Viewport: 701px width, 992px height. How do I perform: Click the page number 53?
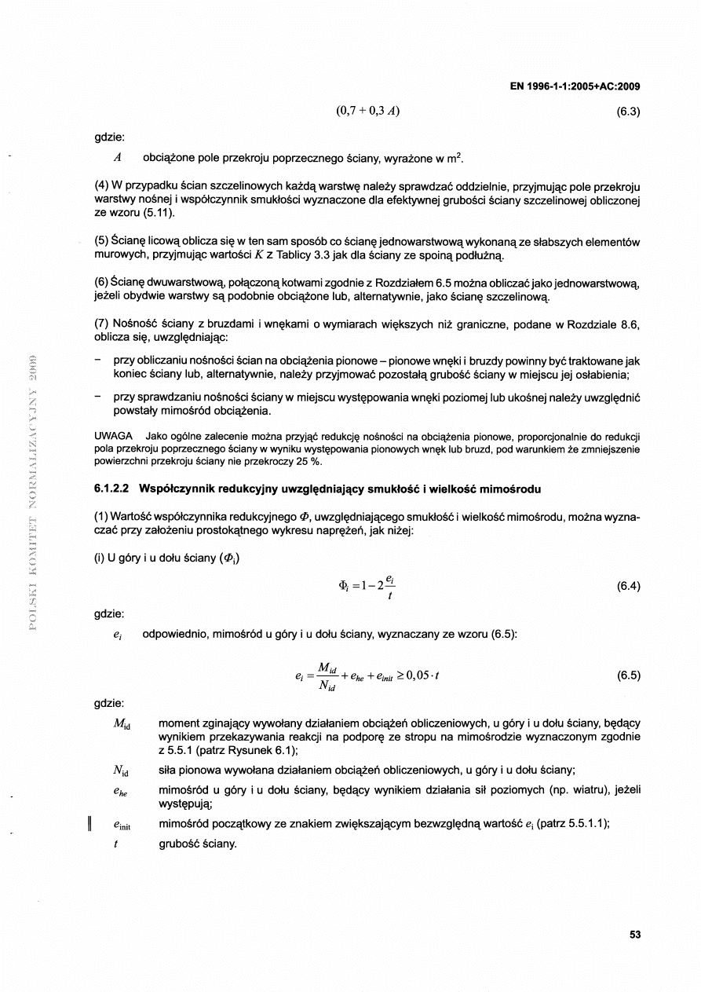(635, 935)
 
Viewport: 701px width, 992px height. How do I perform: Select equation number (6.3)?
(630, 111)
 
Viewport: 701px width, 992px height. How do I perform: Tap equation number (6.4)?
(630, 586)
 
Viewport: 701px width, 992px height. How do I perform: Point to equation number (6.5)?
(630, 675)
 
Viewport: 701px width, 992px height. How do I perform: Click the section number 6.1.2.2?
(111, 490)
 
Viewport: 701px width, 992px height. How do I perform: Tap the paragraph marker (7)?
(100, 325)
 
